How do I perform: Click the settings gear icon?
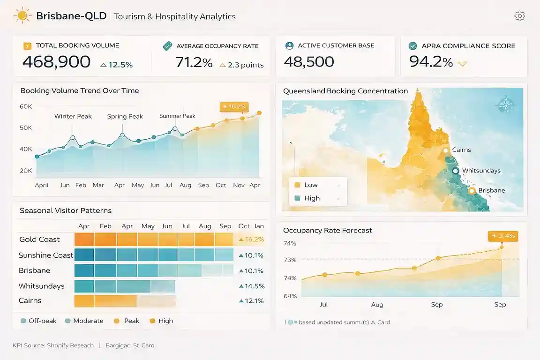coord(519,16)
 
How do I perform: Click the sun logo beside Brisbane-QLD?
coord(22,16)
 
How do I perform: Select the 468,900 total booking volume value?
coord(56,62)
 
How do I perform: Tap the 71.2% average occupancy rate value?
coord(194,62)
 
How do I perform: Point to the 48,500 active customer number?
coord(309,62)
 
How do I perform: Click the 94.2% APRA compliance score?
coord(431,62)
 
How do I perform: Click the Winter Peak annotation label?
coord(73,116)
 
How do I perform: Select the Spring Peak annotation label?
coord(125,116)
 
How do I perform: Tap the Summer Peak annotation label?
coord(177,116)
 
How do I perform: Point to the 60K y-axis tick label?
coord(26,106)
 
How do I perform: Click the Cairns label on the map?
coord(461,150)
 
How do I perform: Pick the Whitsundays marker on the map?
coord(455,171)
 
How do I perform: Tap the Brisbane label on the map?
coord(491,190)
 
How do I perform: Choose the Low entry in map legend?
coord(311,185)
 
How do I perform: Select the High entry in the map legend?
coord(312,198)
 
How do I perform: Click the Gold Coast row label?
coord(39,240)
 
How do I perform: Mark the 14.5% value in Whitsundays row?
coord(252,286)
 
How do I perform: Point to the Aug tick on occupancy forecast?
coord(377,305)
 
